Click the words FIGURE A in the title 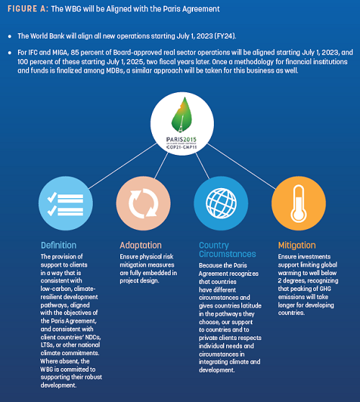pos(27,9)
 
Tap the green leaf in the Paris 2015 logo pos(181,115)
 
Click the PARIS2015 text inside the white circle pos(181,140)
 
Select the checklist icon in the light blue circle pos(66,205)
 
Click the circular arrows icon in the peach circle pos(143,203)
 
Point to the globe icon pos(221,203)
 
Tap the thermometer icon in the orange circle pos(299,204)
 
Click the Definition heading pos(58,246)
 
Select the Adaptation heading pos(140,246)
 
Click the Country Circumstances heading pos(228,249)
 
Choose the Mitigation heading pos(297,246)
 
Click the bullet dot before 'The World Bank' pos(10,37)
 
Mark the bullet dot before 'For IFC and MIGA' pos(10,53)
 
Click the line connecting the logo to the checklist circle pos(122,166)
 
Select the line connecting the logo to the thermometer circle pos(241,166)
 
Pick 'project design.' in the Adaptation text pos(140,281)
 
